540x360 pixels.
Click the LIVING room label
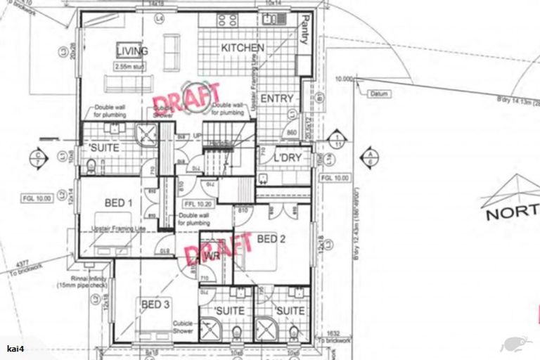(x=132, y=51)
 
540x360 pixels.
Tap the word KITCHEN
(x=243, y=48)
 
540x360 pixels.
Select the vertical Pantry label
(x=304, y=30)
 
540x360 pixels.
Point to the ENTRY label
(x=276, y=99)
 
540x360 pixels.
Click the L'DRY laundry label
(x=288, y=158)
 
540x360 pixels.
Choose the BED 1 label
(x=119, y=203)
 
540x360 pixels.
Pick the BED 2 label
(x=271, y=239)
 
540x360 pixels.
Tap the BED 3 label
(x=155, y=304)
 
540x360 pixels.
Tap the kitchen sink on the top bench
(x=271, y=19)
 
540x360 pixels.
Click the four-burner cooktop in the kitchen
(x=227, y=20)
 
